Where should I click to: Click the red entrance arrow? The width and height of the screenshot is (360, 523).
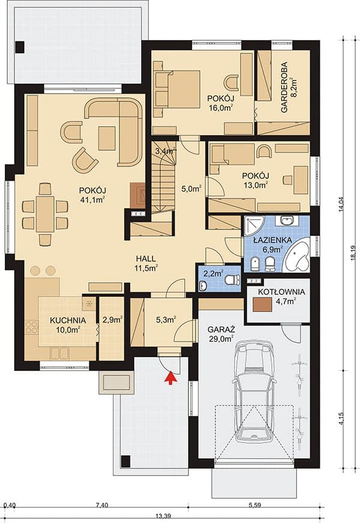(x=170, y=378)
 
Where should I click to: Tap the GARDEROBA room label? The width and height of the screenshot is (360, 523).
(x=284, y=88)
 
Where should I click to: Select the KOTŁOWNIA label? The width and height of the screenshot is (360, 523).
(x=281, y=292)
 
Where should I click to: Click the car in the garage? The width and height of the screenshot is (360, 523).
(x=254, y=393)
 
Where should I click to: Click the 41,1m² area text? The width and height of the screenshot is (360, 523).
(x=92, y=200)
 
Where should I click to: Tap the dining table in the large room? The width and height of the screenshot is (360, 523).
(x=45, y=214)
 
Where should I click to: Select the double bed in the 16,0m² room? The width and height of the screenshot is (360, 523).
(x=177, y=89)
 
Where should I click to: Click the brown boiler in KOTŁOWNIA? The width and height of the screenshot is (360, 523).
(x=262, y=304)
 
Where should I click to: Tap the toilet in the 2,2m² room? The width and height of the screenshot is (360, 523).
(x=233, y=279)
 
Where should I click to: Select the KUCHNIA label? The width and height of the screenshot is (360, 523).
(x=68, y=320)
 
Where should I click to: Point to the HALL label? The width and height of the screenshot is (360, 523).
(x=146, y=258)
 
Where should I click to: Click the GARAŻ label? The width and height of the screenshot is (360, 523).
(x=221, y=330)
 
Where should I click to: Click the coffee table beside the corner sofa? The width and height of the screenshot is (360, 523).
(x=107, y=138)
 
